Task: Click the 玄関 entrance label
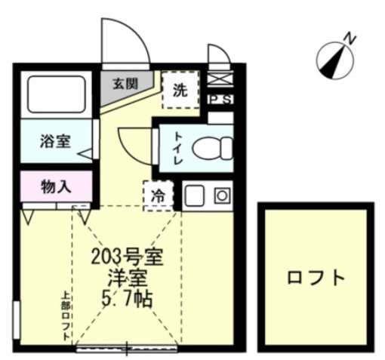coord(126,84)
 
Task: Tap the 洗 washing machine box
coord(180,91)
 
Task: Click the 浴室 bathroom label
coord(57,140)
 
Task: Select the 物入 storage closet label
coord(56,184)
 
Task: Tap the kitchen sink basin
coord(194,196)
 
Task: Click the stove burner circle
coord(223,196)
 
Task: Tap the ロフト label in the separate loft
coord(316,277)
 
